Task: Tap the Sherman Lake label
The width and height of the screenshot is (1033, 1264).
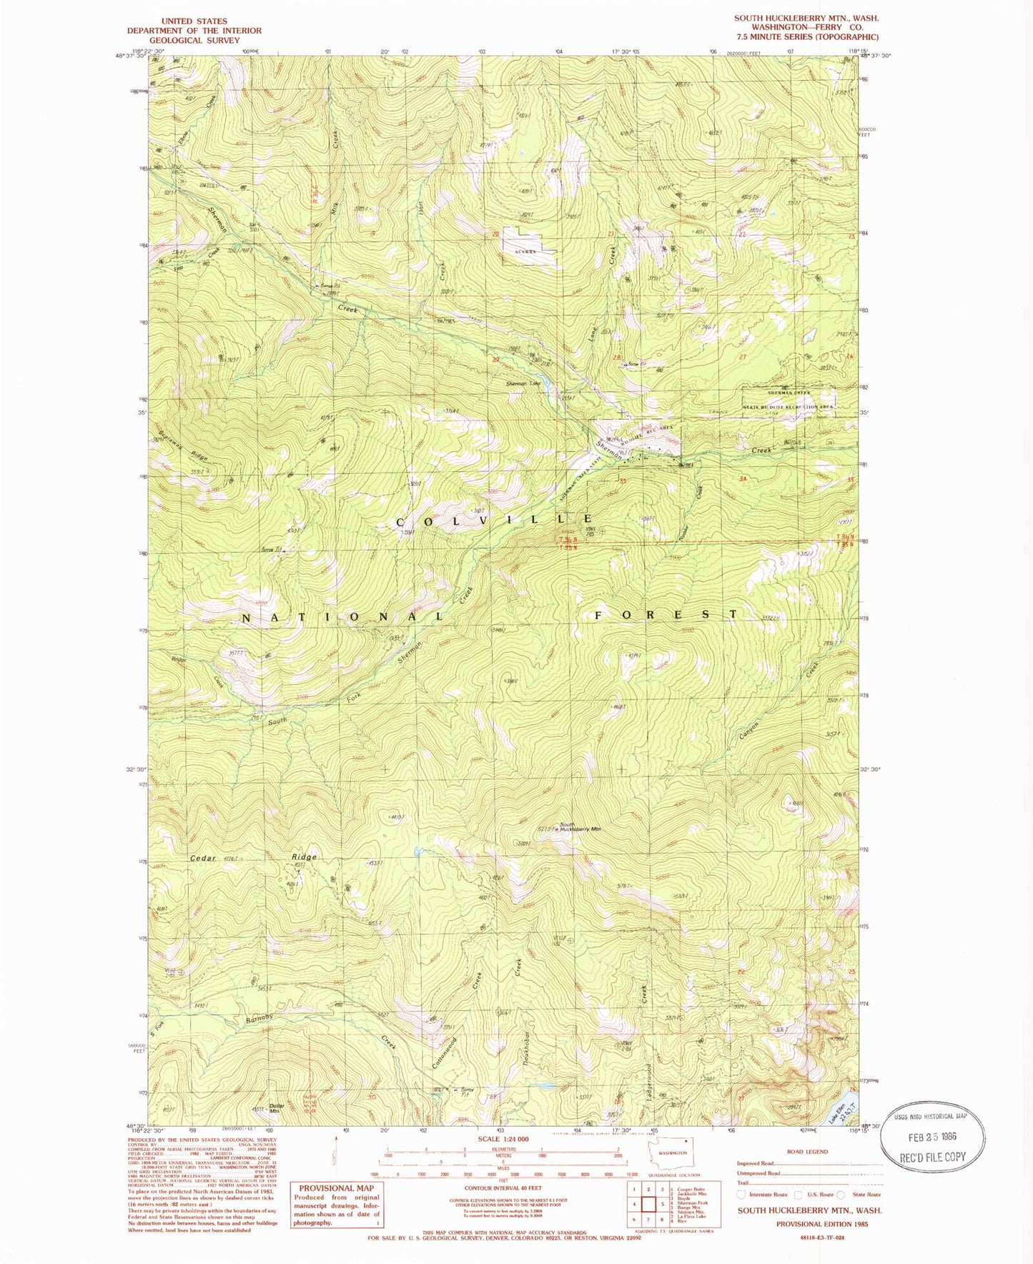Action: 523,384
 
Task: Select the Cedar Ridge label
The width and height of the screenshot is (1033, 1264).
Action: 253,857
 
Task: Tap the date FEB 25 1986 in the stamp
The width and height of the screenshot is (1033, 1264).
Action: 932,1136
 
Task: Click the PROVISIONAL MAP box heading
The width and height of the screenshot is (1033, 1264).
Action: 336,1188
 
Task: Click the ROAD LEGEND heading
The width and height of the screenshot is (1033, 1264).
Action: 807,1152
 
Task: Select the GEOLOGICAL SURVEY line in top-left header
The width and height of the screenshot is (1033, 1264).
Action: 194,40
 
